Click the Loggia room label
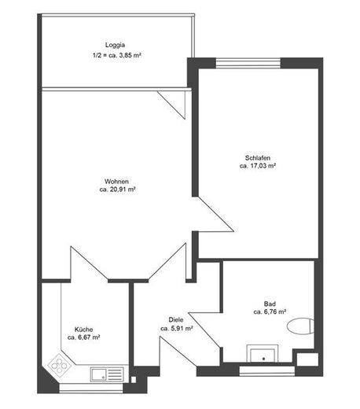point(115,45)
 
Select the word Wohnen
point(116,182)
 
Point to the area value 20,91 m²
point(123,190)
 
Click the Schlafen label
point(258,158)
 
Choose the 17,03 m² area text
point(263,166)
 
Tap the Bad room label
point(270,304)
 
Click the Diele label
point(176,320)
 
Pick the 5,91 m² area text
point(182,328)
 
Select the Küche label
point(83,330)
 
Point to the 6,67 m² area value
point(89,337)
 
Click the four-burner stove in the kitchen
point(59,365)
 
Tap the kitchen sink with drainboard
point(107,374)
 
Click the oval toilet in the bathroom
point(300,326)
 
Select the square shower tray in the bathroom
point(263,354)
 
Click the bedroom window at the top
point(248,63)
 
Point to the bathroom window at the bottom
point(267,370)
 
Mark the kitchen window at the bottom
point(91,388)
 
